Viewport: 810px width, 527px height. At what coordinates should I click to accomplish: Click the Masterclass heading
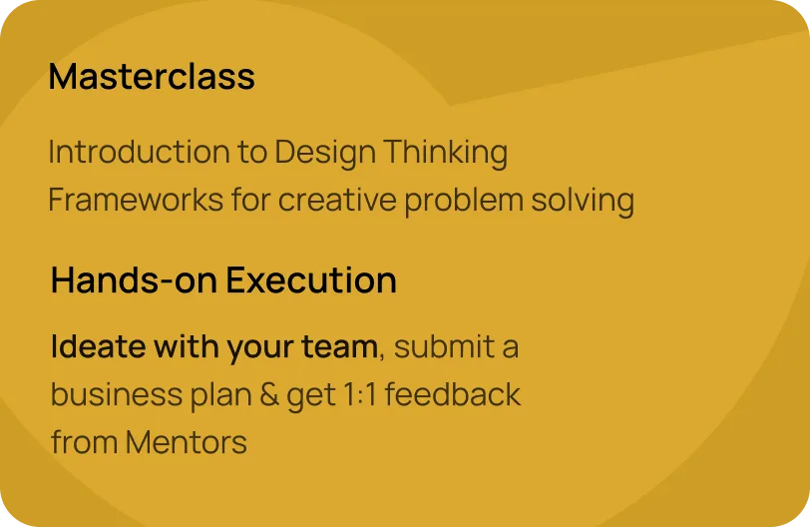coord(152,77)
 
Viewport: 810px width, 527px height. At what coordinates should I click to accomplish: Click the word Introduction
coord(139,152)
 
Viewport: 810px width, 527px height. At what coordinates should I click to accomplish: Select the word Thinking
coord(446,154)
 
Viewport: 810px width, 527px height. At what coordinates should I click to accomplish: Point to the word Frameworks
coord(136,200)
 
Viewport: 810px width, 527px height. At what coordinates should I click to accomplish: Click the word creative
coord(337,200)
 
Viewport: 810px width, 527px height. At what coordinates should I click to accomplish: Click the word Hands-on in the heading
coord(135,280)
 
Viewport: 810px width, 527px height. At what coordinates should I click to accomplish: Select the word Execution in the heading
coord(311,280)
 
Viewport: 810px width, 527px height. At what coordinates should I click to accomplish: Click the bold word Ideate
coord(99,345)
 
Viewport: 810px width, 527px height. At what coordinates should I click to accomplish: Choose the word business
coord(117,394)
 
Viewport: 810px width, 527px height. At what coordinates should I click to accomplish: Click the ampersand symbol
coord(269,394)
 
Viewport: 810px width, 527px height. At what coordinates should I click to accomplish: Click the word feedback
coord(453,393)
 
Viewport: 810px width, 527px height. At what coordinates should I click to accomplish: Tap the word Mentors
coord(186,443)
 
